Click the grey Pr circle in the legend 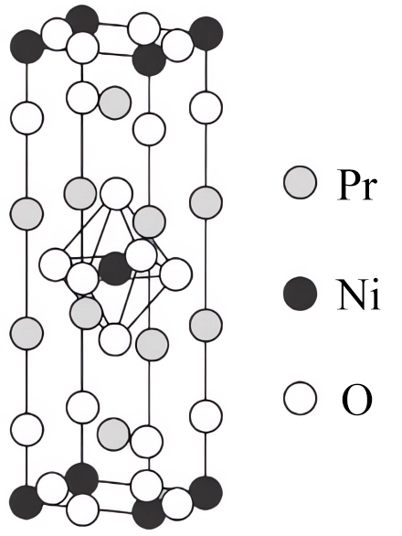300,182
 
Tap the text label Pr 356,184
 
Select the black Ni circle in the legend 300,294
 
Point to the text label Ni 358,295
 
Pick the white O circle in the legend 300,398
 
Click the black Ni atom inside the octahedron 115,269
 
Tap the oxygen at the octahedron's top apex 116,194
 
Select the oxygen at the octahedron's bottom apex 115,339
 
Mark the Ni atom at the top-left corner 26,47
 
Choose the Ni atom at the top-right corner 206,34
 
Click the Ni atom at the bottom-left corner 26,502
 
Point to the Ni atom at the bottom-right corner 206,493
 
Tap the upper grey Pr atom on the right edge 206,202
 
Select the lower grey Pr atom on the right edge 206,325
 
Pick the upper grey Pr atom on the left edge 26,214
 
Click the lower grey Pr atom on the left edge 26,333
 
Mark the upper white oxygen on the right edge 206,107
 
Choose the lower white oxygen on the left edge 27,430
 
